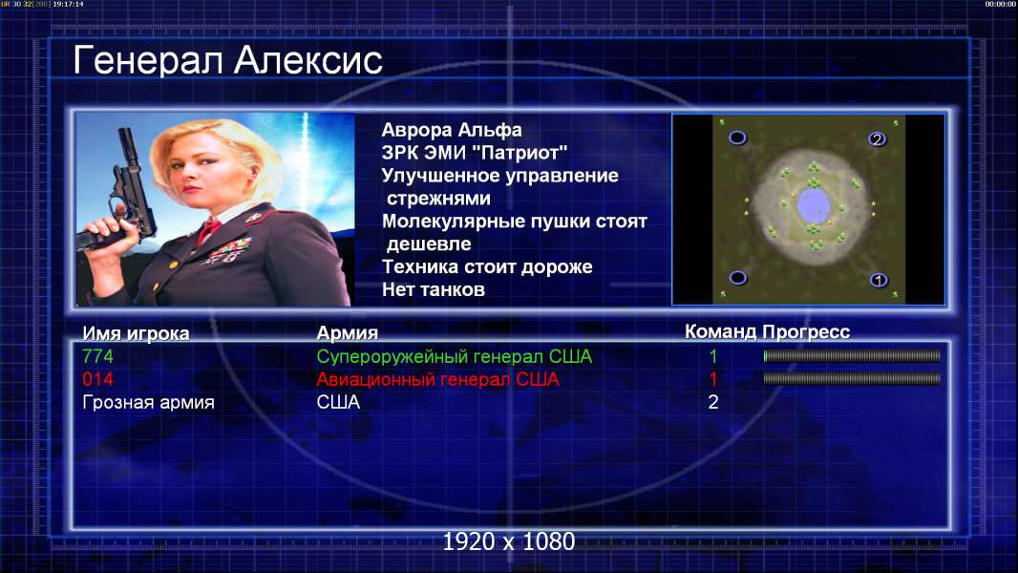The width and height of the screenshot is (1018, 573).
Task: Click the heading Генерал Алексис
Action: click(228, 60)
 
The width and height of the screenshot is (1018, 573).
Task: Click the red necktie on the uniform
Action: click(209, 230)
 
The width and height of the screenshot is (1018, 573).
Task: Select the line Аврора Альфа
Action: click(452, 130)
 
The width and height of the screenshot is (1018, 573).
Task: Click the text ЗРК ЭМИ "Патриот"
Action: click(475, 153)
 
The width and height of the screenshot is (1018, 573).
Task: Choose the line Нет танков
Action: click(434, 289)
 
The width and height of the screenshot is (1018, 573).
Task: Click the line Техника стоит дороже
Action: click(487, 266)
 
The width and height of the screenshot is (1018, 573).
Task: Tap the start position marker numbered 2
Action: click(877, 138)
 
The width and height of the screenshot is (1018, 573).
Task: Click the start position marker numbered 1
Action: click(879, 281)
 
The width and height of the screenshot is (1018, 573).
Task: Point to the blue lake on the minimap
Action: click(813, 204)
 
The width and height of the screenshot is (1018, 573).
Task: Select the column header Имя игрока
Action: click(136, 333)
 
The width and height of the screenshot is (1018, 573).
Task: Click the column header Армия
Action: click(348, 333)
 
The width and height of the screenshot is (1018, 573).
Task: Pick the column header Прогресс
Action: click(806, 332)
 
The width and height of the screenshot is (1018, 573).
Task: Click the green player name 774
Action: click(98, 356)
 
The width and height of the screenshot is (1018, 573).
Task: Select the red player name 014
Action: click(98, 379)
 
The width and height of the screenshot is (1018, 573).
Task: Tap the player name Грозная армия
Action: click(149, 402)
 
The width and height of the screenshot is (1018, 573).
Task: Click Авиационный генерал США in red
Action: click(437, 379)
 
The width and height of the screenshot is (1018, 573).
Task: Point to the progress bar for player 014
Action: click(852, 378)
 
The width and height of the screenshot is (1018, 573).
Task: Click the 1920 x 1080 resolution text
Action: click(509, 541)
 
